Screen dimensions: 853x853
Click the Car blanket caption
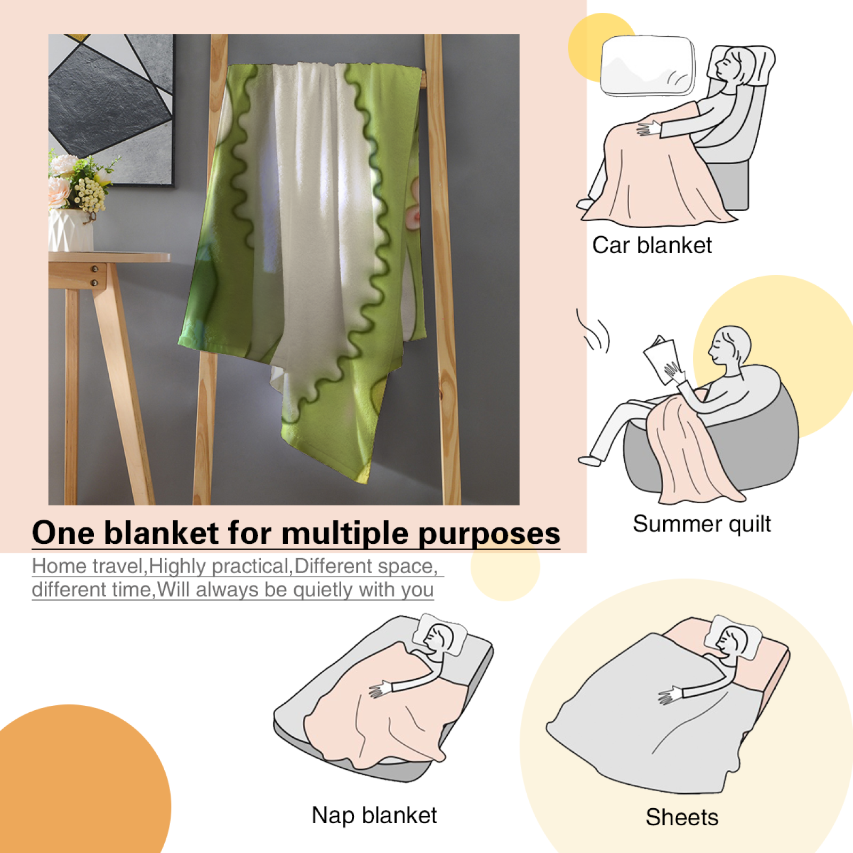pos(652,246)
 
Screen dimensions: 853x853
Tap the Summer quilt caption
pos(702,524)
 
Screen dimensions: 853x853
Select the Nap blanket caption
pos(374,816)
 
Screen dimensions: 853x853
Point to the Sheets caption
pos(682,817)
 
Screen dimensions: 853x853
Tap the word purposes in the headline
pos(489,534)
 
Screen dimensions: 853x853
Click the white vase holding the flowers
pos(70,230)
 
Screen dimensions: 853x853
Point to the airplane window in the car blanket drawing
pos(648,66)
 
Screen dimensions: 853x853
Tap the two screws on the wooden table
pos(94,276)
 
